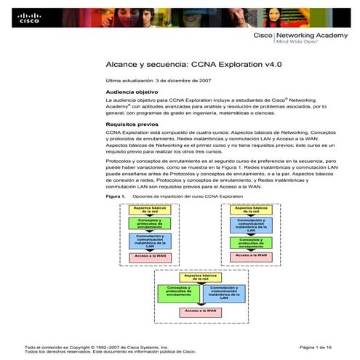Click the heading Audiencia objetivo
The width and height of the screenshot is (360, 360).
[x=132, y=93]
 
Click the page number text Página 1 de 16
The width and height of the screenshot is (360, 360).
[x=315, y=348]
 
